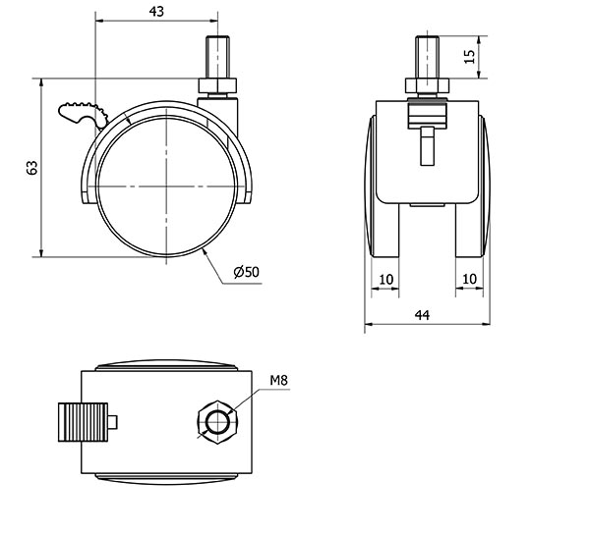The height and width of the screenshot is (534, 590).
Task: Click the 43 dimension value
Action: (156, 11)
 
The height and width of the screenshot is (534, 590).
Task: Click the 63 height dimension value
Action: (32, 168)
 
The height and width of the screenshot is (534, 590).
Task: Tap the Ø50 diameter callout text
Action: (247, 272)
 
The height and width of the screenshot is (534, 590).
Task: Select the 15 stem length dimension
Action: (470, 56)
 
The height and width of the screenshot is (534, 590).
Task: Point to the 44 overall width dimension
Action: (422, 315)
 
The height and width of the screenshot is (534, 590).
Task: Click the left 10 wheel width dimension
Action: (386, 280)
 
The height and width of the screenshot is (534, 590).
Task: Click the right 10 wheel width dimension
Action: (469, 279)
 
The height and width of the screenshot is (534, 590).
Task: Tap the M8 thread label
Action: (279, 381)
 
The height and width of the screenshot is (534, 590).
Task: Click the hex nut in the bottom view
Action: (217, 422)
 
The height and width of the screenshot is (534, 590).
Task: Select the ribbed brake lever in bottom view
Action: (84, 422)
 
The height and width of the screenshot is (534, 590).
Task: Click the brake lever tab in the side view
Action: (83, 114)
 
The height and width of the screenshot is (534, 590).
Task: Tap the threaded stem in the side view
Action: (217, 57)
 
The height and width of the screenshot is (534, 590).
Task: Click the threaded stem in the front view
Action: (427, 57)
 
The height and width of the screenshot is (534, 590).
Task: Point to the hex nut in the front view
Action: (427, 86)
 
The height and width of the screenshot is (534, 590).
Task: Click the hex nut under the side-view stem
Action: (217, 86)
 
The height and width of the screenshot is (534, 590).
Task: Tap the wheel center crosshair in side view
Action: (166, 186)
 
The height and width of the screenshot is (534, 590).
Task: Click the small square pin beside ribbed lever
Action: (113, 422)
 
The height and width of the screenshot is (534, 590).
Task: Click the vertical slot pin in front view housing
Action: (427, 146)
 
